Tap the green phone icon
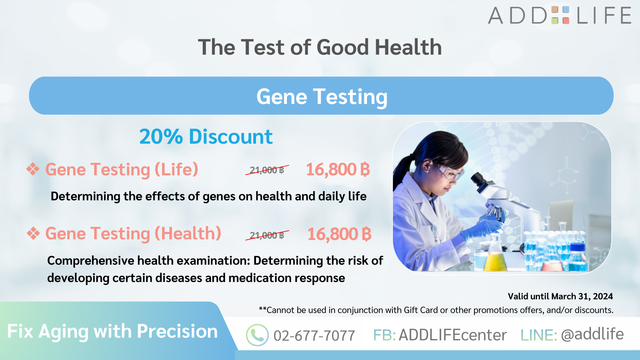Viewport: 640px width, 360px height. [x=257, y=335]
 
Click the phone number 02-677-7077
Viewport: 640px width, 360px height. [x=314, y=336]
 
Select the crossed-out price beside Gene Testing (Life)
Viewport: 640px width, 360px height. [x=267, y=170]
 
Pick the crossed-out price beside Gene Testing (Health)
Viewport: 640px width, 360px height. [x=267, y=235]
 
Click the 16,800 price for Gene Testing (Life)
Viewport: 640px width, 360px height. [x=338, y=169]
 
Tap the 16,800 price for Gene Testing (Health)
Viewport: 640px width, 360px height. [x=339, y=234]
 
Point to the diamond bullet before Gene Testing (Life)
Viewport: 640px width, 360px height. [x=33, y=169]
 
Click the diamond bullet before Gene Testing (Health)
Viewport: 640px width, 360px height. [x=33, y=233]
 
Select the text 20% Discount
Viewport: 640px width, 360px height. [x=206, y=137]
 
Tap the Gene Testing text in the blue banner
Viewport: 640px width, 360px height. [x=322, y=97]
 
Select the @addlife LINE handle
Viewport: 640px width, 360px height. [x=592, y=334]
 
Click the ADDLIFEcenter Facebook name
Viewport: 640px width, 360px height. [x=452, y=335]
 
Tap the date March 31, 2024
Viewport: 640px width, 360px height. [x=582, y=296]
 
